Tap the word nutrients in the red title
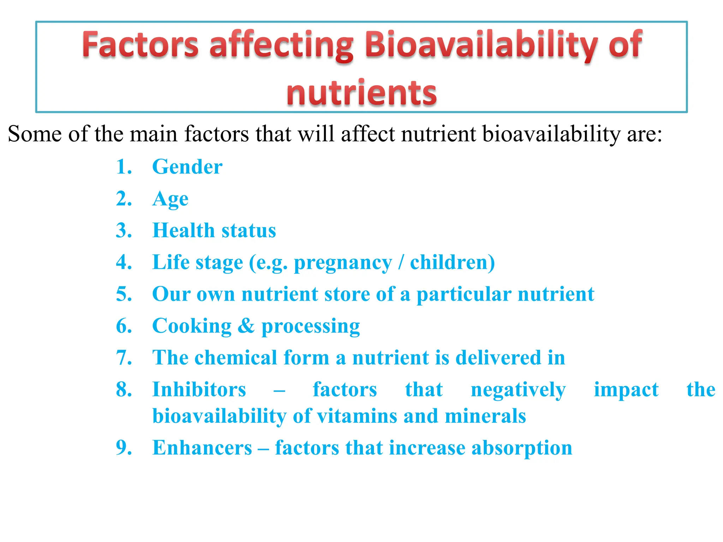click(361, 92)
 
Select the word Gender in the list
click(187, 167)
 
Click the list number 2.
click(124, 199)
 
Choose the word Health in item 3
click(183, 230)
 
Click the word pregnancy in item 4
click(343, 263)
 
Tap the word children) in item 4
click(452, 262)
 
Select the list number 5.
click(124, 294)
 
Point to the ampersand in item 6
click(246, 326)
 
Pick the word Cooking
click(192, 326)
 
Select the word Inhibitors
click(199, 390)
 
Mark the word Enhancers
click(202, 448)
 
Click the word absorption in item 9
click(522, 448)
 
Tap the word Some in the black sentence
click(34, 134)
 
